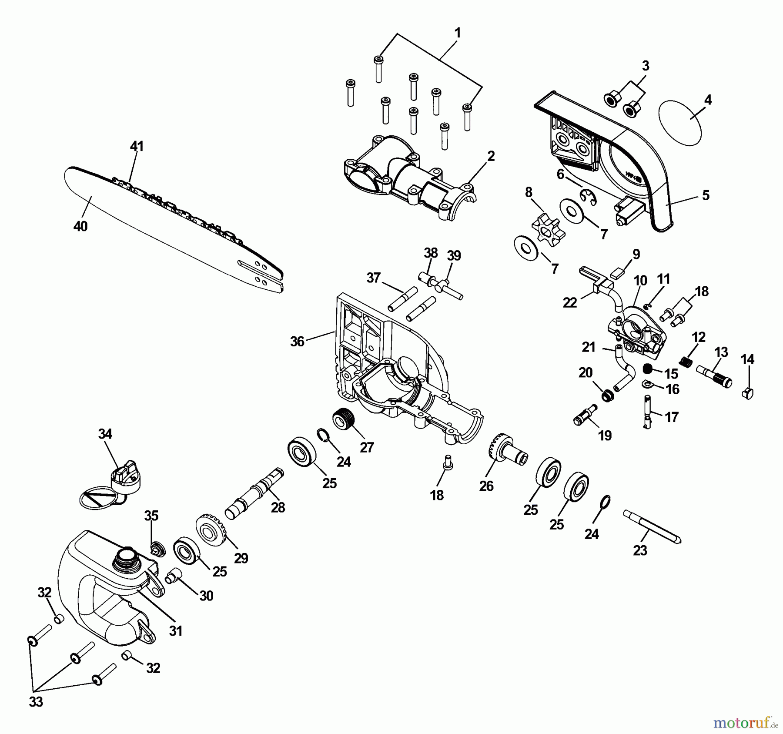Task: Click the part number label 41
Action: [x=137, y=146]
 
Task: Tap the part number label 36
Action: [x=297, y=342]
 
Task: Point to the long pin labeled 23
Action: [x=652, y=526]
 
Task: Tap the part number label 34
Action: [x=105, y=434]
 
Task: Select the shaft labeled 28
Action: [x=254, y=494]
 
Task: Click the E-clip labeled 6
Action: [x=590, y=197]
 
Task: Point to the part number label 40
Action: [x=80, y=226]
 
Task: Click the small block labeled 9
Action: [x=618, y=273]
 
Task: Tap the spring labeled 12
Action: [x=686, y=361]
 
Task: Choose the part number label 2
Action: [x=491, y=156]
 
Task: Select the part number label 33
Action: [x=36, y=702]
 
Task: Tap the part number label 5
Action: [x=706, y=195]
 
